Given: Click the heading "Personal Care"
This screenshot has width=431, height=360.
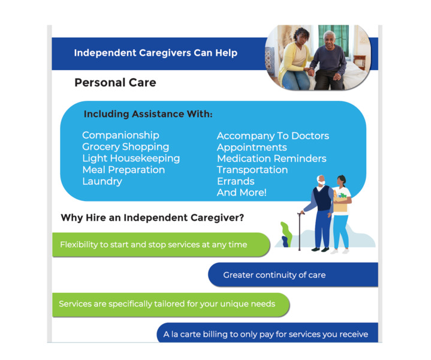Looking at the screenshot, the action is click(115, 83).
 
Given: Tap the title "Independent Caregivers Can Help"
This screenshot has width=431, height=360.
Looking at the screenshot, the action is click(156, 53).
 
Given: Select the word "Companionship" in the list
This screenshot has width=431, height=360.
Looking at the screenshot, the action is click(120, 136).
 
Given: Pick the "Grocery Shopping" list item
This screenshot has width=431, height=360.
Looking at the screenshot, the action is click(126, 147).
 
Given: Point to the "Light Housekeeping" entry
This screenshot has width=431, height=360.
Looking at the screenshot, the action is click(131, 158).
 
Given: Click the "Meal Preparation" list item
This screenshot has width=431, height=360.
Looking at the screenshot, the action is click(123, 170).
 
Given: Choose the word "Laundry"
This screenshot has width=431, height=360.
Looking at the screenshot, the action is click(103, 181).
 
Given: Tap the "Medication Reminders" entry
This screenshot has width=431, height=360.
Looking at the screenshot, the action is click(272, 158).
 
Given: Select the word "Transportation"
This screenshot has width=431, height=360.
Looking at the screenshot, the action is click(252, 170).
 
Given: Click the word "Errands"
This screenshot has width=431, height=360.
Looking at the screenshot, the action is click(236, 181).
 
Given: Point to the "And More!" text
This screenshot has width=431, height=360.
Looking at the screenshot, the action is click(242, 193).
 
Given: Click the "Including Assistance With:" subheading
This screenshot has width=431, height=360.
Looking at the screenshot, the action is click(148, 114).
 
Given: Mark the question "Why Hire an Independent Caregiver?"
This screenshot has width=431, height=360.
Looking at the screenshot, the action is click(152, 218).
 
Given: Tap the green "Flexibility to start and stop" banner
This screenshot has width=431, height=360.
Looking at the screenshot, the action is click(161, 245).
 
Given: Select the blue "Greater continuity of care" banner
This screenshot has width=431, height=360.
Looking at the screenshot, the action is click(293, 275).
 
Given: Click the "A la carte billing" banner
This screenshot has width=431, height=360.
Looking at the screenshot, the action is click(267, 333).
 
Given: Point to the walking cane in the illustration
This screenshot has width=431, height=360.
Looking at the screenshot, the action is click(300, 231).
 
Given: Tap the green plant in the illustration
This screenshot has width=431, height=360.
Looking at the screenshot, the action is click(286, 234).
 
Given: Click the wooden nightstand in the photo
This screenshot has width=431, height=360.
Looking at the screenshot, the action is click(360, 62).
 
